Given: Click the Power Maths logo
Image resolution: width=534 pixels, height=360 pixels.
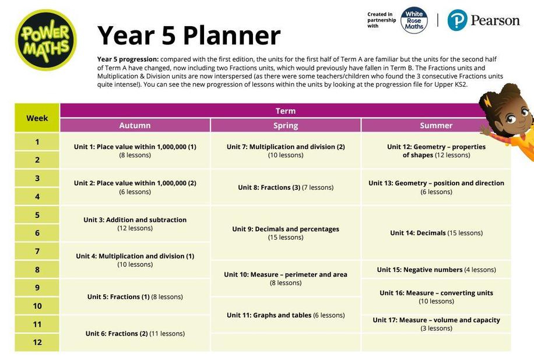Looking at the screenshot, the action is point(45,40).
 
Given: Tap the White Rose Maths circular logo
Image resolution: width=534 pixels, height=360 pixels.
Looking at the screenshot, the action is point(414,20).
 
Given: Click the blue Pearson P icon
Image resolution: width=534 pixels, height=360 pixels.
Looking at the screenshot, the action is point(457,20).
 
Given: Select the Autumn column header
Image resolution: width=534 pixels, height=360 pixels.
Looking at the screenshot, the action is point(135,125).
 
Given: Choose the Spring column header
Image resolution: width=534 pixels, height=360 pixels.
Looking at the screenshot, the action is point(286,125).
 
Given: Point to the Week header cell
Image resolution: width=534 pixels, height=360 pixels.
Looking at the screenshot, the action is point(37,118).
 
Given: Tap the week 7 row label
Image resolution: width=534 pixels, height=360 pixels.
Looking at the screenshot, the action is point(37,251).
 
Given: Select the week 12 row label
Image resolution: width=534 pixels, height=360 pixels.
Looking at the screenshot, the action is point(37,343).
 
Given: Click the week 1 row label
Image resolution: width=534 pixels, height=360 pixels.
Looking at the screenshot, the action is point(37,142).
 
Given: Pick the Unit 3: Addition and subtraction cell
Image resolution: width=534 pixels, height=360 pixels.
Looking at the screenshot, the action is point(135,224).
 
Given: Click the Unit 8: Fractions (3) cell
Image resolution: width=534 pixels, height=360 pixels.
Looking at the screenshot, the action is point(286,187).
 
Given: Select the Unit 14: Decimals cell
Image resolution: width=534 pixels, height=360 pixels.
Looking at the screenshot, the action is point(436,233).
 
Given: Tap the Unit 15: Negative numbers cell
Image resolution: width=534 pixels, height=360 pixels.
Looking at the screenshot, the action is point(436,270).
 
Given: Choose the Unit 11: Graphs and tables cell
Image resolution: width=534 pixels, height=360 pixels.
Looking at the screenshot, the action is point(286,315).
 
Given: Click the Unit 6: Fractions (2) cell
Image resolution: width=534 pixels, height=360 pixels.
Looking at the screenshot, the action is point(135,333).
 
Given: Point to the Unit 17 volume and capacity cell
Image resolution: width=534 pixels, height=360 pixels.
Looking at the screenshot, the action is point(436,323).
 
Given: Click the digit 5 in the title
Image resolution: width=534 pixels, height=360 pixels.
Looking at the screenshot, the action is point(168,36).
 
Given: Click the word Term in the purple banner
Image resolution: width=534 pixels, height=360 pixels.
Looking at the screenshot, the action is point(286,111).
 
